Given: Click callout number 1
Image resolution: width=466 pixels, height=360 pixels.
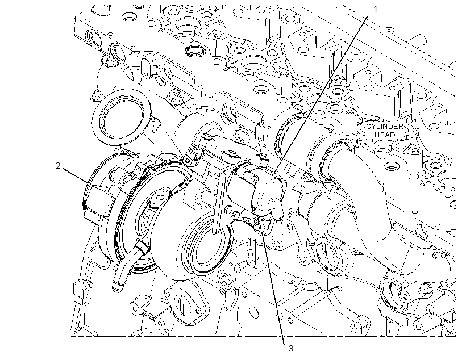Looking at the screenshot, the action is pyautogui.click(x=375, y=9).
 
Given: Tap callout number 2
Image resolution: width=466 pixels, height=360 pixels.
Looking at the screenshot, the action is pyautogui.click(x=57, y=165).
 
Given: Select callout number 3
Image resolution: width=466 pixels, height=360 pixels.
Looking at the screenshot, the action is pyautogui.click(x=290, y=349).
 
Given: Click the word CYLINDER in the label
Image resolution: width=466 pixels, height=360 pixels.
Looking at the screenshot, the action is pyautogui.click(x=385, y=127).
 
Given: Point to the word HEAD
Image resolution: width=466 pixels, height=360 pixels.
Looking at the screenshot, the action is pyautogui.click(x=385, y=135).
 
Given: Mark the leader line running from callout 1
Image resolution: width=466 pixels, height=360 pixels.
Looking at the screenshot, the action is pyautogui.click(x=322, y=94).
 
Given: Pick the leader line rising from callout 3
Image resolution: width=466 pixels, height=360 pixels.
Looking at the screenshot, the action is pyautogui.click(x=274, y=288).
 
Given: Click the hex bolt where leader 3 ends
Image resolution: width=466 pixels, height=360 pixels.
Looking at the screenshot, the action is pyautogui.click(x=259, y=227).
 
